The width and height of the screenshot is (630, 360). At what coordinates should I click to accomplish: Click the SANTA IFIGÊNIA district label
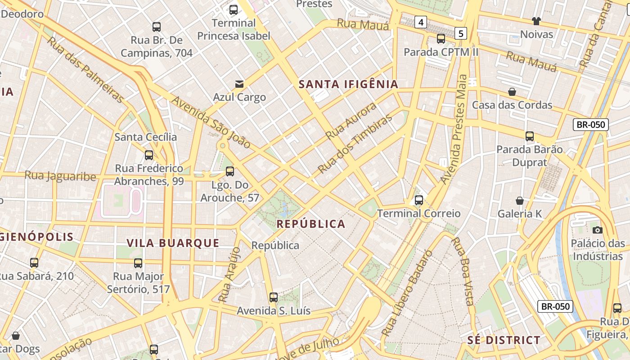pyautogui.click(x=348, y=84)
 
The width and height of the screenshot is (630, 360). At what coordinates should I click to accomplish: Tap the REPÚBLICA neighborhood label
pyautogui.click(x=310, y=224)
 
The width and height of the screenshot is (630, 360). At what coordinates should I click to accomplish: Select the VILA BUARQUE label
pyautogui.click(x=173, y=243)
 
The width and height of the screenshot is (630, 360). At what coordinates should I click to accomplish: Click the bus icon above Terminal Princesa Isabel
pyautogui.click(x=233, y=9)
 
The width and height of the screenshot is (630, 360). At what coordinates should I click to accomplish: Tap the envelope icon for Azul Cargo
pyautogui.click(x=239, y=84)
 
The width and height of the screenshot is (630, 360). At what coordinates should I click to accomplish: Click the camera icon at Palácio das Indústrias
pyautogui.click(x=597, y=230)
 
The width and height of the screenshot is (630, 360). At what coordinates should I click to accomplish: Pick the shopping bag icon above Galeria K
pyautogui.click(x=520, y=201)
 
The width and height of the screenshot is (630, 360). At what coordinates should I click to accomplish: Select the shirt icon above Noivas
pyautogui.click(x=536, y=21)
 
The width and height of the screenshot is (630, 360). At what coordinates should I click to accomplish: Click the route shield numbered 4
pyautogui.click(x=421, y=22)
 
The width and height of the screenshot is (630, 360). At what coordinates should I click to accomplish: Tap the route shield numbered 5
pyautogui.click(x=461, y=33)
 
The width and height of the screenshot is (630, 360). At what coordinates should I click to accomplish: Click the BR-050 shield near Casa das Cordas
pyautogui.click(x=590, y=125)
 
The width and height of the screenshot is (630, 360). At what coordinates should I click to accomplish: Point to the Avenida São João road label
pyautogui.click(x=211, y=122)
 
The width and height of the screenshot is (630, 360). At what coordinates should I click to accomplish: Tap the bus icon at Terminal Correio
pyautogui.click(x=418, y=200)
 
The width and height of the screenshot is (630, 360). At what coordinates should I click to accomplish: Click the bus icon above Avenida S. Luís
pyautogui.click(x=273, y=297)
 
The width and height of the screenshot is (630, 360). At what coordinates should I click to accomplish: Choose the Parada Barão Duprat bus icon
pyautogui.click(x=529, y=136)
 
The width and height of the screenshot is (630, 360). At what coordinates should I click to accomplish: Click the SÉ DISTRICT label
pyautogui.click(x=504, y=340)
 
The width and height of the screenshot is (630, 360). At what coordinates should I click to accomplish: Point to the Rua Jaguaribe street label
pyautogui.click(x=60, y=175)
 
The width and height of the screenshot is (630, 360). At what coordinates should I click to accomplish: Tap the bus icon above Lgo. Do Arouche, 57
pyautogui.click(x=229, y=171)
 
